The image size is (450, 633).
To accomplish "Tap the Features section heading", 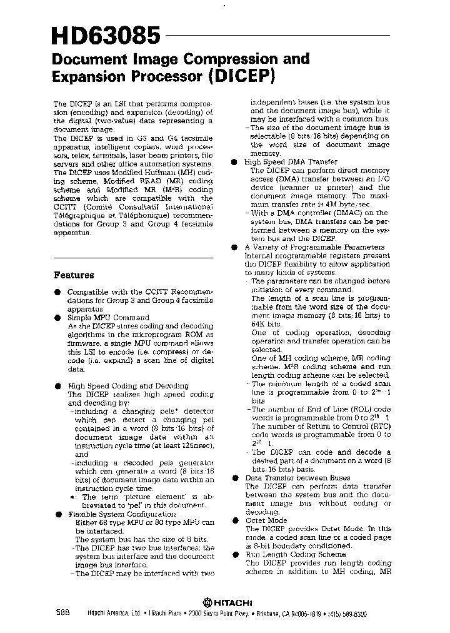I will tap(74, 275).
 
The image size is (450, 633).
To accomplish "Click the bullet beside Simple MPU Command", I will tap(57, 317).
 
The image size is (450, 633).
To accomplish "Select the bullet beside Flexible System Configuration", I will tap(57, 514).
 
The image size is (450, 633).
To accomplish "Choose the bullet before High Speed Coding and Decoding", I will tap(57, 386).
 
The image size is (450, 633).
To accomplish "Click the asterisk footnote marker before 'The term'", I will tap(73, 497).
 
